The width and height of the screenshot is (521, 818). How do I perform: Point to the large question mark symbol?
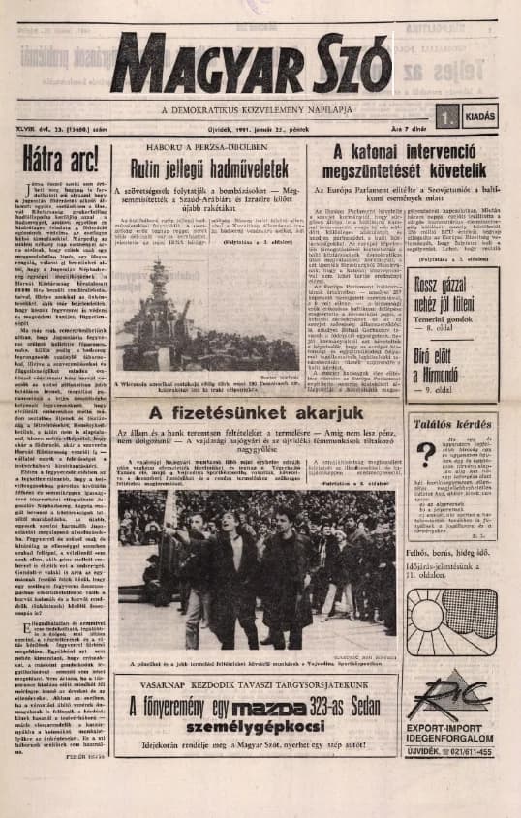pyautogui.click(x=425, y=480)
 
